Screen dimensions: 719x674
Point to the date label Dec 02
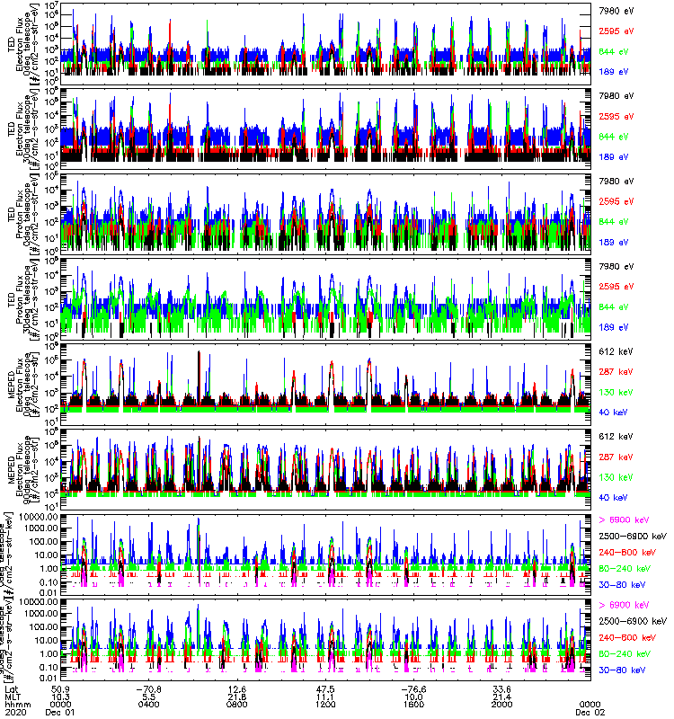(589, 712)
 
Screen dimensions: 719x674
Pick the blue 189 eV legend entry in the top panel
(615, 71)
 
